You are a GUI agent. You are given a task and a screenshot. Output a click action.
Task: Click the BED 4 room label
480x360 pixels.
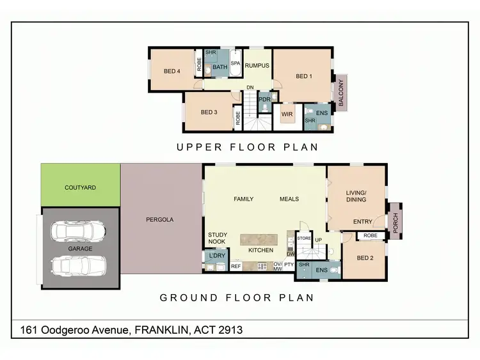(x=172, y=71)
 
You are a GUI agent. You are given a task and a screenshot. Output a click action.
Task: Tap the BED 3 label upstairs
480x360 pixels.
(x=209, y=113)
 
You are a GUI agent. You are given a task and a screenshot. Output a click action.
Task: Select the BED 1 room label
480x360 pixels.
(x=303, y=76)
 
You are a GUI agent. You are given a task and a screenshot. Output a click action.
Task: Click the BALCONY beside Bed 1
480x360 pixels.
(x=342, y=92)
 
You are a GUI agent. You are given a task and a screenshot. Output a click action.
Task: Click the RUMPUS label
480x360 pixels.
(x=256, y=64)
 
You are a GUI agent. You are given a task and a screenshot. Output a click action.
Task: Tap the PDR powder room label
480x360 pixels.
(x=264, y=100)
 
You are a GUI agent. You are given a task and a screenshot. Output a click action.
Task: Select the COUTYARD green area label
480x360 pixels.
(x=81, y=188)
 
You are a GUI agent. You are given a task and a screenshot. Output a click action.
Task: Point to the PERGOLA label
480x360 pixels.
(x=159, y=219)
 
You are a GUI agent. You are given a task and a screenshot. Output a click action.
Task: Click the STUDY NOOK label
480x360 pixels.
(x=218, y=239)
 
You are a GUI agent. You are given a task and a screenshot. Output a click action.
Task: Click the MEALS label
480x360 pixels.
(x=289, y=199)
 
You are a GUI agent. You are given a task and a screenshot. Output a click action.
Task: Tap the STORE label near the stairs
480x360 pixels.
(x=304, y=238)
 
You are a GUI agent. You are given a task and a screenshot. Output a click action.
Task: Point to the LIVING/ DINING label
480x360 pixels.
(x=356, y=196)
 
